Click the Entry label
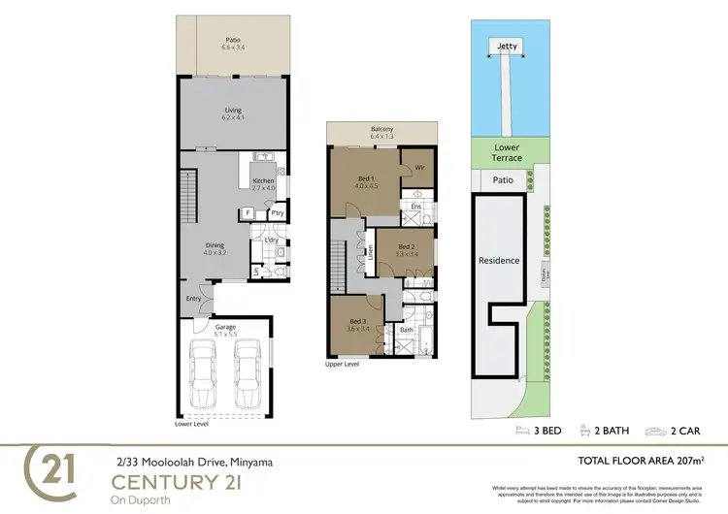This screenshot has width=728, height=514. [x=194, y=298]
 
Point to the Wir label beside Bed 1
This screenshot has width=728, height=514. [x=419, y=168]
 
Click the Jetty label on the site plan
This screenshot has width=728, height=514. [x=506, y=45]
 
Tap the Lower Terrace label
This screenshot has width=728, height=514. [x=506, y=151]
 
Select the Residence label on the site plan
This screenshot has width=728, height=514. [x=499, y=260]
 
